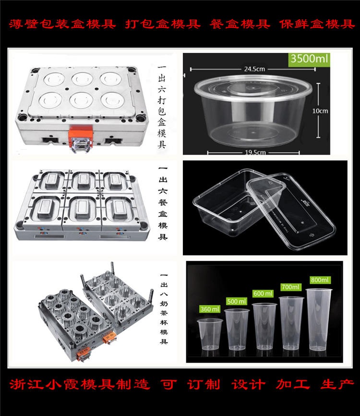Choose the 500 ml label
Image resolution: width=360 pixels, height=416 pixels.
tap(237, 301)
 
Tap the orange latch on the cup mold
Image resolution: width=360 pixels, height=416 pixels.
tap(111, 342)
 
